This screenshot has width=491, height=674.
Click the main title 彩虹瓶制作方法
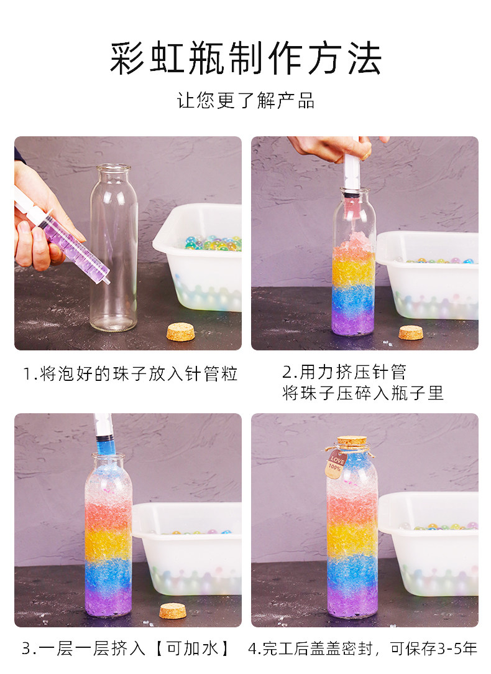pyautogui.click(x=246, y=59)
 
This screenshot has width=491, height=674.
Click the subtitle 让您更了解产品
pyautogui.click(x=246, y=101)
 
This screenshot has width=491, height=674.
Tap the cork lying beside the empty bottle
pyautogui.click(x=181, y=332)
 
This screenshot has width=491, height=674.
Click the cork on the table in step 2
pyautogui.click(x=411, y=332)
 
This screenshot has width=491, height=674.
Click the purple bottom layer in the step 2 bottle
pyautogui.click(x=354, y=321)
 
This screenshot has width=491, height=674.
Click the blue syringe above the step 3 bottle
pyautogui.click(x=104, y=434)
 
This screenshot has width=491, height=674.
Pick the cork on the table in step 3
pyautogui.click(x=173, y=611)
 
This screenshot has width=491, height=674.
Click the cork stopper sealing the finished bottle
pyautogui.click(x=352, y=441)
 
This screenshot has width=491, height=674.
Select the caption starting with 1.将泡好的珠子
pyautogui.click(x=131, y=373)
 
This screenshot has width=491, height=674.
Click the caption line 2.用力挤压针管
pyautogui.click(x=344, y=372)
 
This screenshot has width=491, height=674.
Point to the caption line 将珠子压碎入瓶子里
pyautogui.click(x=363, y=393)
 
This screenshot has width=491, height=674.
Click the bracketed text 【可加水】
pyautogui.click(x=192, y=648)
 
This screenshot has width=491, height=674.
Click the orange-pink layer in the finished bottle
pyautogui.click(x=352, y=507)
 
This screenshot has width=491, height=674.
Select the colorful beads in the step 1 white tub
pyautogui.click(x=213, y=243)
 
